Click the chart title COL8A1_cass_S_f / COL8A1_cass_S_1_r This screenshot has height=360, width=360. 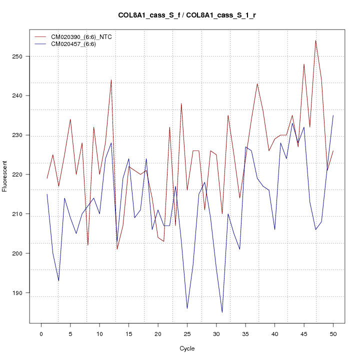187,15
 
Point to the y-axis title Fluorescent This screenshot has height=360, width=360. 5,176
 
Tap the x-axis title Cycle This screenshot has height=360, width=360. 187,348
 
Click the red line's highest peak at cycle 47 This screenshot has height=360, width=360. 315,40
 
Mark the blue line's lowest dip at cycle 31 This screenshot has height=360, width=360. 222,312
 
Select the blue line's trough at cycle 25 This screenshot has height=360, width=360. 187,308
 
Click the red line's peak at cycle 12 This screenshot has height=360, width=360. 111,80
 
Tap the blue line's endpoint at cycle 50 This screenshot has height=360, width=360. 333,115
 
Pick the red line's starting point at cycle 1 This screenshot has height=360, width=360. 47,178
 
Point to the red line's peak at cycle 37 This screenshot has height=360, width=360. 257,83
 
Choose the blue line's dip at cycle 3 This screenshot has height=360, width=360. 58,281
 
